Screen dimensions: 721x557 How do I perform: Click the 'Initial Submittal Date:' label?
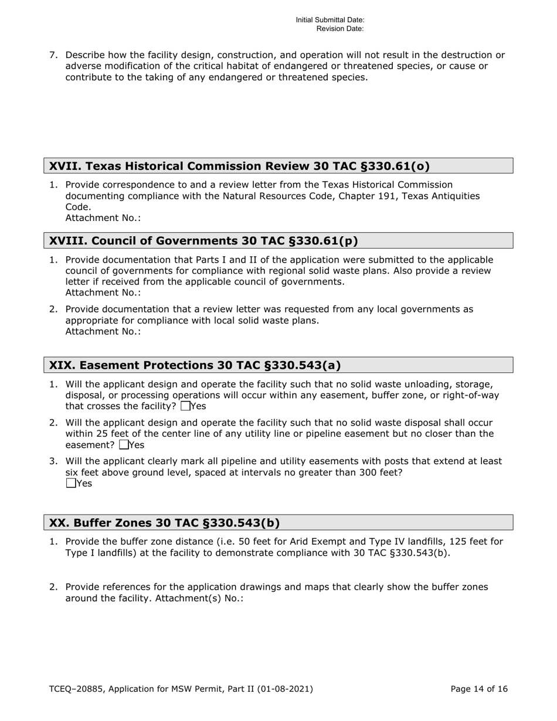330,20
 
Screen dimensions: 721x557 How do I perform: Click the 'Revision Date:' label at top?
340,28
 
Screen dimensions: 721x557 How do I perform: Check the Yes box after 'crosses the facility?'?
186,406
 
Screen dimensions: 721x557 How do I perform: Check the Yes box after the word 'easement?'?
124,445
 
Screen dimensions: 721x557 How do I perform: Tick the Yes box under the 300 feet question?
71,484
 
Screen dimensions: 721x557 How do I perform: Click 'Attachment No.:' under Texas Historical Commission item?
103,218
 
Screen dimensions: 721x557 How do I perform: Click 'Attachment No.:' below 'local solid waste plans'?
103,331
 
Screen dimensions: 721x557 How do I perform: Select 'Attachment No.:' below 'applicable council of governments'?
103,293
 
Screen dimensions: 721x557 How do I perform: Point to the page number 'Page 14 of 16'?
479,689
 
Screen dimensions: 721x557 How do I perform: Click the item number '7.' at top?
53,56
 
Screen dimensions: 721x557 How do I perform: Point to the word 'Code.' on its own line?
78,207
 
